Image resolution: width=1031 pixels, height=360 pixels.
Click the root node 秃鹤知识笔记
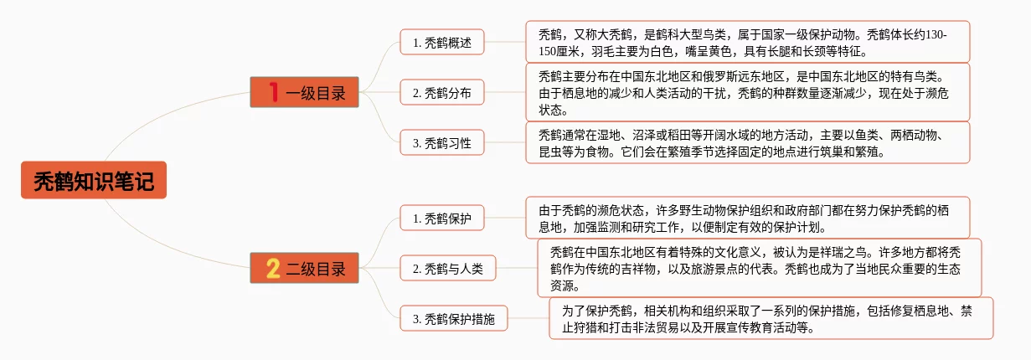click(x=94, y=180)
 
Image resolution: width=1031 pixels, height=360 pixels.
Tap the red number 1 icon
click(x=272, y=92)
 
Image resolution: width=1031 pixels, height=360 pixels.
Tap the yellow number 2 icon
click(x=272, y=269)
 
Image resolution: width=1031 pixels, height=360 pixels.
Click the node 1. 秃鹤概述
click(x=441, y=42)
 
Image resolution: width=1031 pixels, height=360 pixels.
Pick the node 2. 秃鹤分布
click(x=441, y=93)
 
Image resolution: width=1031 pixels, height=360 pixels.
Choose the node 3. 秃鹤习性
click(x=441, y=143)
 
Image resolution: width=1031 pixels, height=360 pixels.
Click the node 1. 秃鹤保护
click(x=441, y=219)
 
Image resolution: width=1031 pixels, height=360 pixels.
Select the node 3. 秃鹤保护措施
click(x=453, y=319)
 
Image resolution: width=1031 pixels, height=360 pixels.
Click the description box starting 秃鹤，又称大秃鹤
click(x=747, y=42)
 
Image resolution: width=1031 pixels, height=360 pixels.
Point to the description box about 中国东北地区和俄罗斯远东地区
click(x=747, y=92)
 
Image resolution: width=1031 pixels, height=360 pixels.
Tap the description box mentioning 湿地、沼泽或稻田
click(x=747, y=142)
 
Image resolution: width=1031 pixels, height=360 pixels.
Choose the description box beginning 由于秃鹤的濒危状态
click(x=747, y=218)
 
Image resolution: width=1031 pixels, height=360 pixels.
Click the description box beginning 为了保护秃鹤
click(x=771, y=318)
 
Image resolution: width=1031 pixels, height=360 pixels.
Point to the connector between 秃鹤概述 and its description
click(x=504, y=42)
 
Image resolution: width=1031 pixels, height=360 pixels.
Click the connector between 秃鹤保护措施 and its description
click(x=528, y=319)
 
